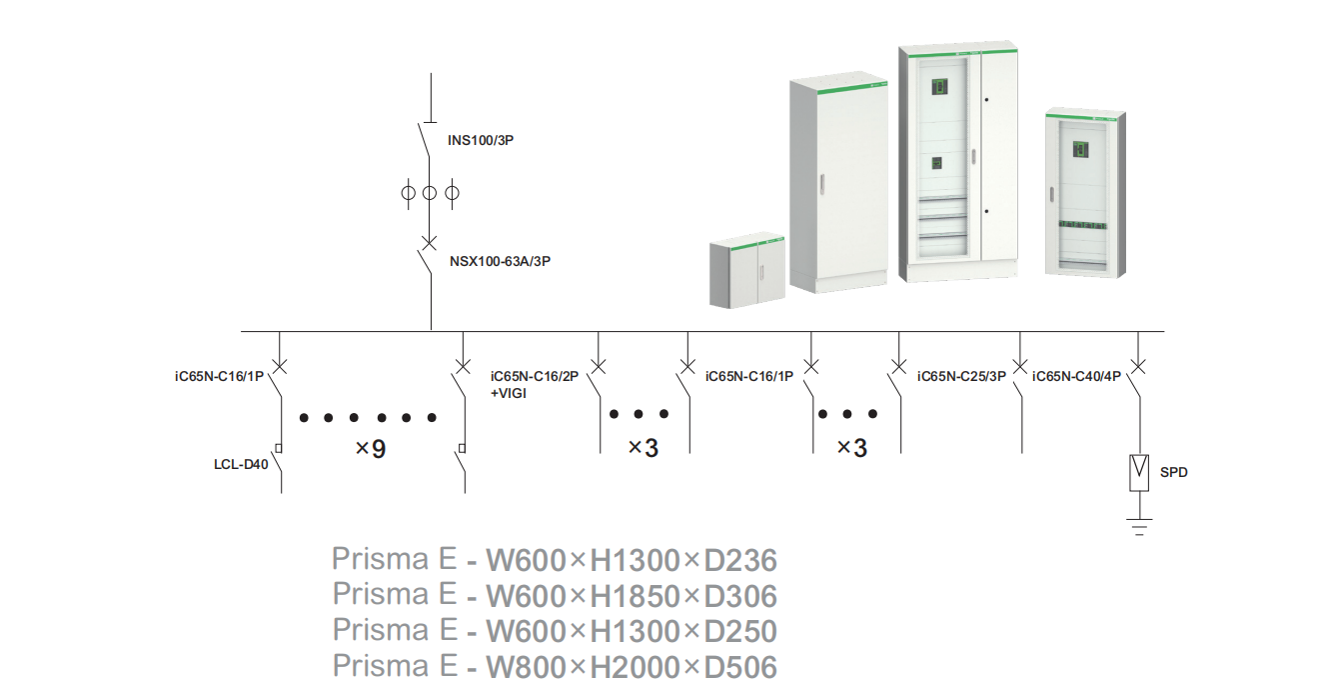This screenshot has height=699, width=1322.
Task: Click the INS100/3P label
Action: coord(481,141)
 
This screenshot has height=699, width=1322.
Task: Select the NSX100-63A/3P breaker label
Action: coord(501,262)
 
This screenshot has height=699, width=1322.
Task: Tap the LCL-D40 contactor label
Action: coord(241,464)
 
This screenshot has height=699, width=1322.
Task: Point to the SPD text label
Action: coord(1174,472)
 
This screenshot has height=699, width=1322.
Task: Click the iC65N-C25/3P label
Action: coord(961,377)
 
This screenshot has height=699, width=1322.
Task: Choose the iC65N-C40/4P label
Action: coord(1077,377)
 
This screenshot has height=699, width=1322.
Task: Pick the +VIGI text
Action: coord(509,393)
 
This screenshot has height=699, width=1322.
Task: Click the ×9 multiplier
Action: coord(370,449)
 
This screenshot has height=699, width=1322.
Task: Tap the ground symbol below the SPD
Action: coord(1138,526)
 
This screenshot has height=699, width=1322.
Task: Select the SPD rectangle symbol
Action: coord(1138,472)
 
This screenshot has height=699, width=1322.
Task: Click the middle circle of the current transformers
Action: coord(430,192)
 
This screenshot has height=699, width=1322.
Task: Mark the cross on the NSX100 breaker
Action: coord(430,243)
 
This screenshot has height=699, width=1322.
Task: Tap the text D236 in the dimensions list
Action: coord(740,560)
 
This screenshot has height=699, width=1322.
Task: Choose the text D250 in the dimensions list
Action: coord(740,632)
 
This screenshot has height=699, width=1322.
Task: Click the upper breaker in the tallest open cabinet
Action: coord(939,87)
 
